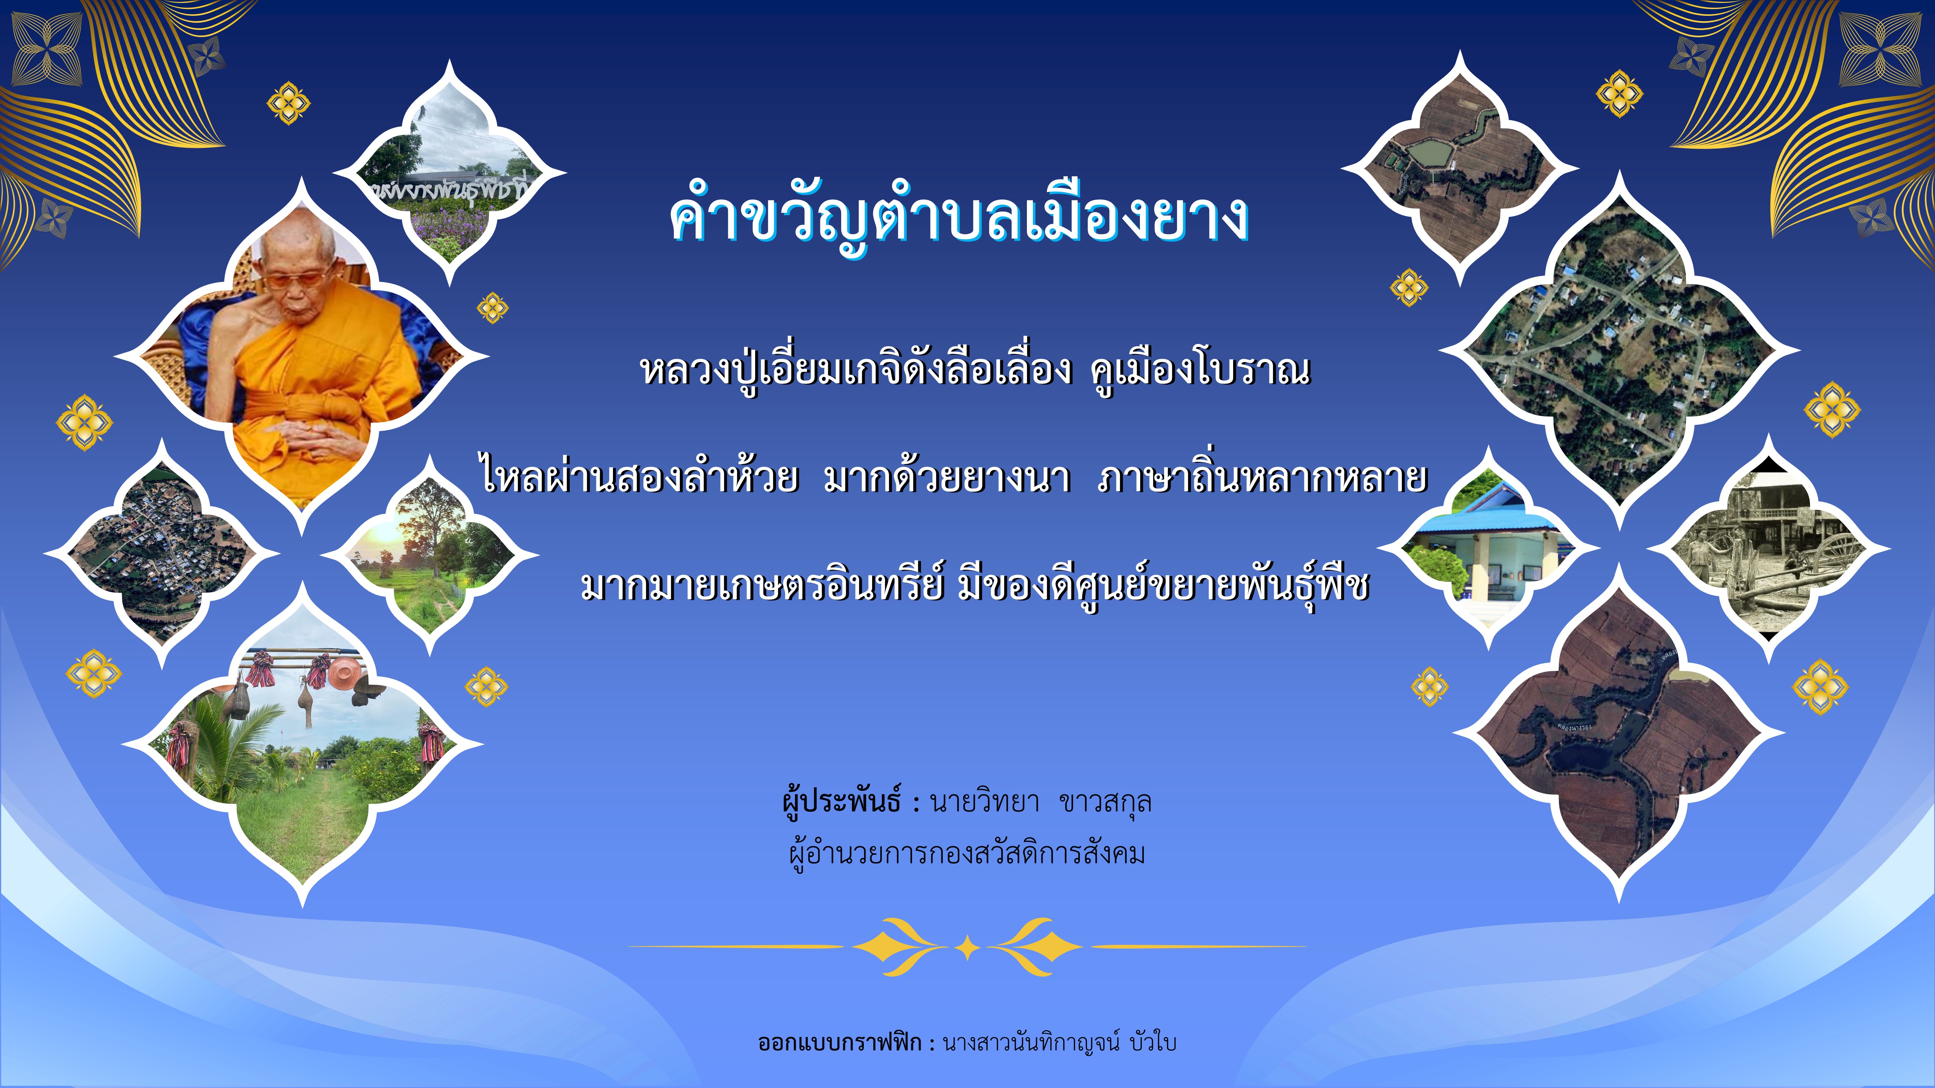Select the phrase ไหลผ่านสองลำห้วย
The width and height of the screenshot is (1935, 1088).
tap(639, 476)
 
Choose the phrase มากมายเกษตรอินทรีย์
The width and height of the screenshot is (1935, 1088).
tap(762, 585)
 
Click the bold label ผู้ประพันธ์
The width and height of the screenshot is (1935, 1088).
tap(841, 802)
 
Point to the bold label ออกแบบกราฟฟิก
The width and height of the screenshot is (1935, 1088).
tap(840, 1042)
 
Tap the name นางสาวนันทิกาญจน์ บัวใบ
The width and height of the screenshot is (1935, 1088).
tap(1059, 1042)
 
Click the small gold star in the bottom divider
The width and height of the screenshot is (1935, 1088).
tap(967, 948)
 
